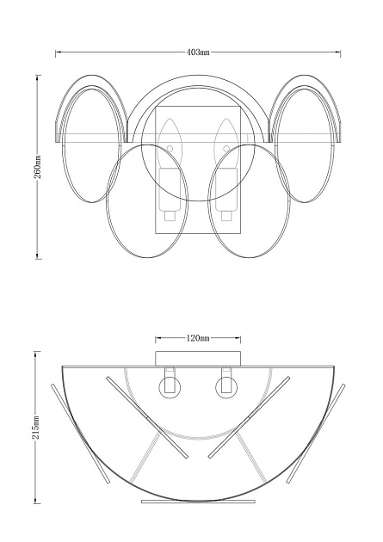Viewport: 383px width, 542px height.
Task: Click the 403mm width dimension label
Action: pos(198,52)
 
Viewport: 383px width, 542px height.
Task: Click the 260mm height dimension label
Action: pos(37,167)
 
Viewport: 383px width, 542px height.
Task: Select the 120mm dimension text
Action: pos(198,338)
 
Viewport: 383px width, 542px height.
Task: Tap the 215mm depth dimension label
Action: pos(36,428)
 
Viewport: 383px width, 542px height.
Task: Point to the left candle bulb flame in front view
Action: pos(170,132)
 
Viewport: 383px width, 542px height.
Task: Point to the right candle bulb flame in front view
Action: pos(226,132)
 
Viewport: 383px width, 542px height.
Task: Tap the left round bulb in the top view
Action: pos(170,387)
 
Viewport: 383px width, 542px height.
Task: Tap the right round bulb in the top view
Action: pos(226,387)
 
